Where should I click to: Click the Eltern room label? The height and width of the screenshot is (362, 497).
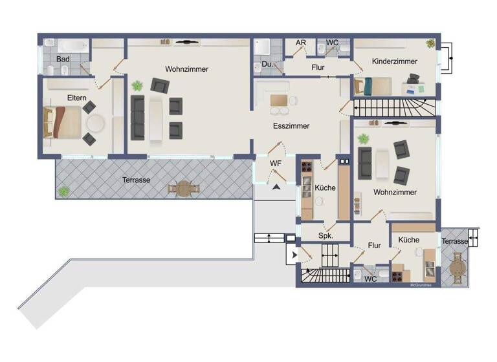[76, 98]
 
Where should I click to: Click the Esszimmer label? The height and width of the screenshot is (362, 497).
[291, 127]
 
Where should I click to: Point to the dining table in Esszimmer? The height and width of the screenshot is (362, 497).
[280, 101]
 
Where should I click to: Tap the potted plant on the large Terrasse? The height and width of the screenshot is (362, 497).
[64, 191]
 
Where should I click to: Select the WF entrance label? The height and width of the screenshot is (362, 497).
[276, 164]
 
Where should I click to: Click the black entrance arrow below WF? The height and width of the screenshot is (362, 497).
[276, 186]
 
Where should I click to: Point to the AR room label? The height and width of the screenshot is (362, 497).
[300, 43]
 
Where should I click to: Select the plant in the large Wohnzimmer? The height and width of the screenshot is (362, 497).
[137, 85]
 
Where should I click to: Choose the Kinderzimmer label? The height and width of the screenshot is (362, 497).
[395, 61]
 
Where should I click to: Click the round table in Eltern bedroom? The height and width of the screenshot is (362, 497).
[96, 122]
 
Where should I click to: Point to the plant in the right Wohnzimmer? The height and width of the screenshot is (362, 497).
[363, 138]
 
